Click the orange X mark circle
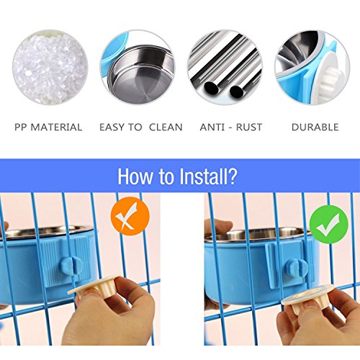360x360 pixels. tap(130, 216)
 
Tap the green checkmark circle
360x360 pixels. tap(328, 225)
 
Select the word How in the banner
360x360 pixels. tap(135, 176)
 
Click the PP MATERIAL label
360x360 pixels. tap(48, 127)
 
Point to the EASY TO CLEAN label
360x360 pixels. tap(141, 127)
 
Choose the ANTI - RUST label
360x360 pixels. tap(231, 127)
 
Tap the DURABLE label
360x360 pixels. tap(315, 127)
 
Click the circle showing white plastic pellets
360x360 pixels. tap(50, 67)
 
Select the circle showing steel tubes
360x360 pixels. tap(225, 67)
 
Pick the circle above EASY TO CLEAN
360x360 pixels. tap(138, 67)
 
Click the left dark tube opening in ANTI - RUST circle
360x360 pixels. tap(212, 88)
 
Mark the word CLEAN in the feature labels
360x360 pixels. tap(166, 127)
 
